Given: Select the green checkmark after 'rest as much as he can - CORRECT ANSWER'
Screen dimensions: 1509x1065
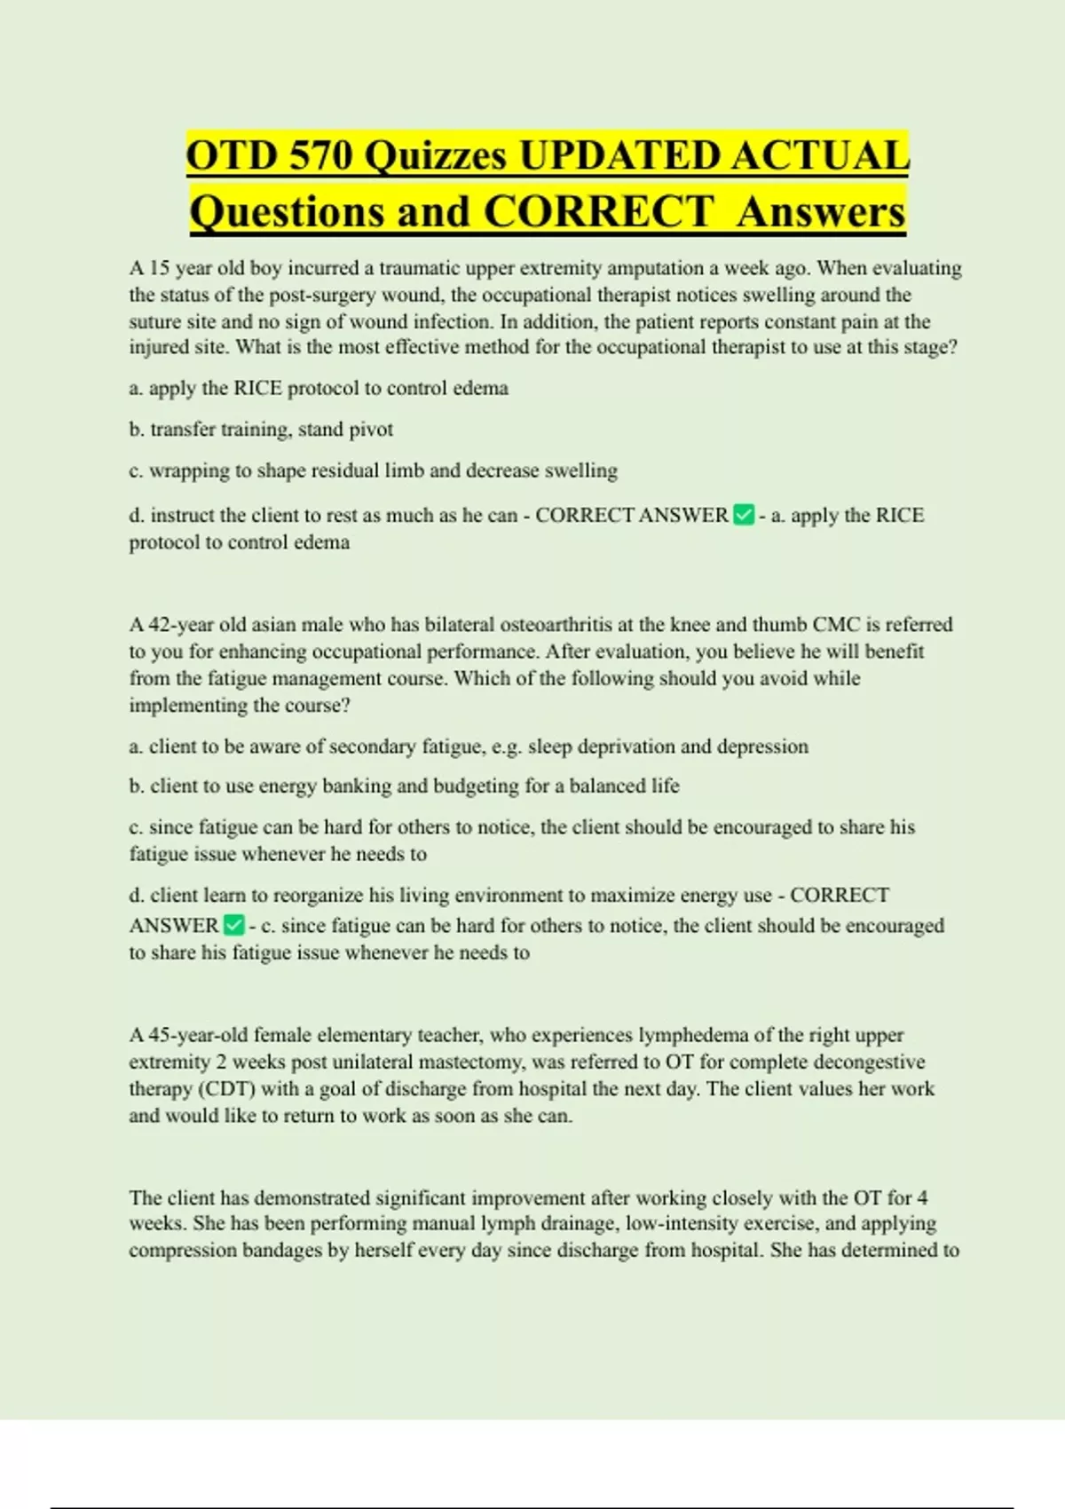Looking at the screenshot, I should point(744,515).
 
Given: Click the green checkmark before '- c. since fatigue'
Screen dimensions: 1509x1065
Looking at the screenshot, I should point(233,925).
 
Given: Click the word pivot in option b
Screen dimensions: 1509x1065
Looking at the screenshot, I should point(373,430).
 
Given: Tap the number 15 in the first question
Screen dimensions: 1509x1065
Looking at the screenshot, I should point(159,268).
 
